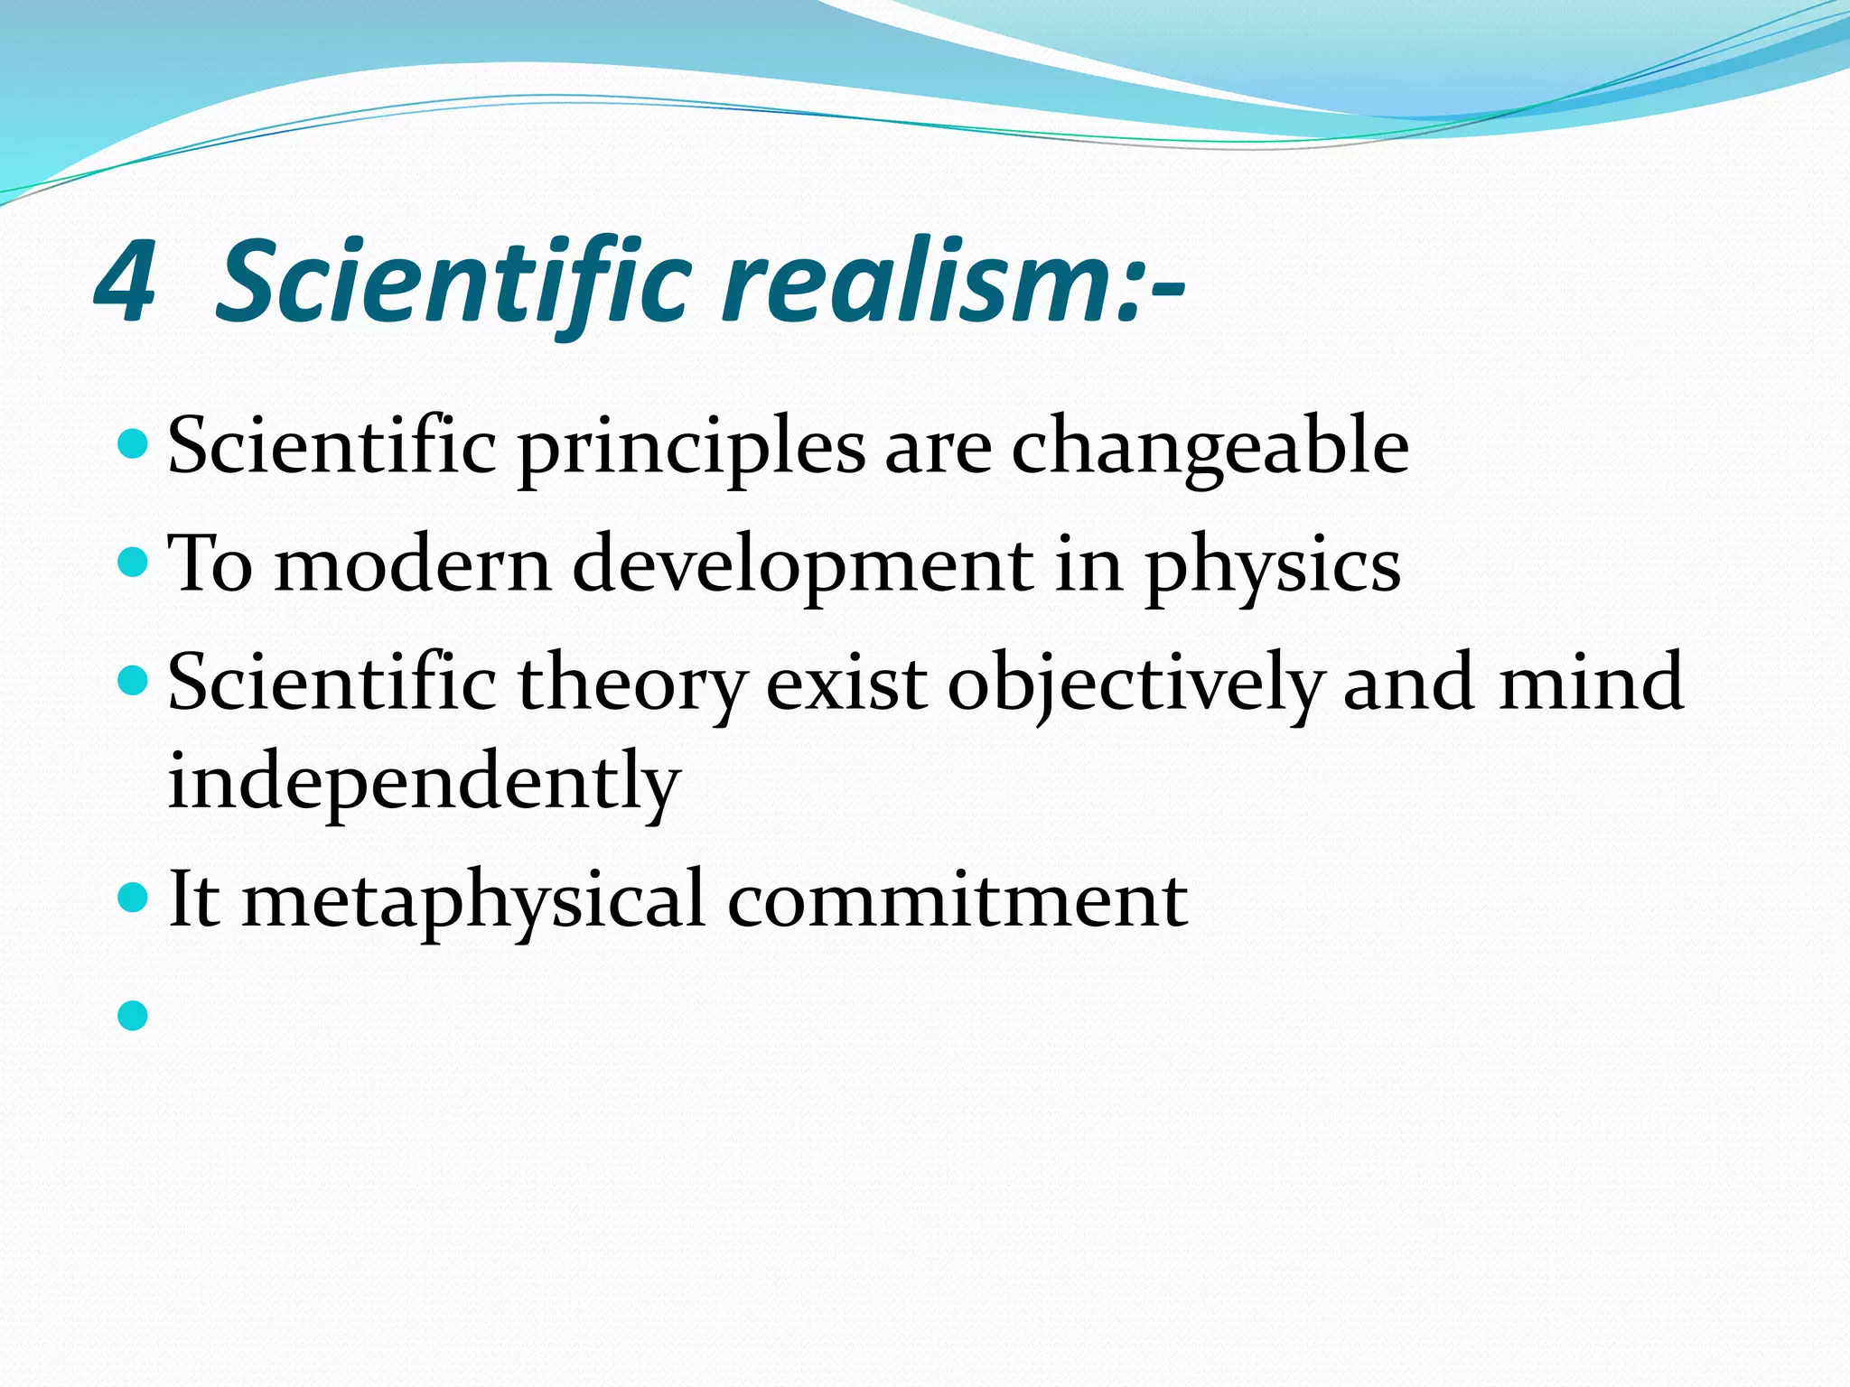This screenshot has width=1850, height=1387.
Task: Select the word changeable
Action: (x=1210, y=449)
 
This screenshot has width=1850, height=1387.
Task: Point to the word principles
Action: (x=691, y=449)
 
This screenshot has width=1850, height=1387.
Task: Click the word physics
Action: (x=1273, y=567)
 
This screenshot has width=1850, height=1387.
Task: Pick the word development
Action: (x=803, y=567)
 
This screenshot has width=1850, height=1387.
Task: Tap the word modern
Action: (x=412, y=567)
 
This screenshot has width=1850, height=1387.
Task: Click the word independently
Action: (x=424, y=782)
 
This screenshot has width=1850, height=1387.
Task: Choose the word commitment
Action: (x=958, y=901)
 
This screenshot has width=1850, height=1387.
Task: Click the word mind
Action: (x=1591, y=684)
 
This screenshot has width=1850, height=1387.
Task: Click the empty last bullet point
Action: (x=132, y=1016)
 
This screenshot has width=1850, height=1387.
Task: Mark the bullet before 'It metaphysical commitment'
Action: (x=132, y=898)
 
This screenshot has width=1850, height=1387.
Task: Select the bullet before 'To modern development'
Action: (x=132, y=563)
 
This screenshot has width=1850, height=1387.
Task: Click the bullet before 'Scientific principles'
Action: (x=132, y=444)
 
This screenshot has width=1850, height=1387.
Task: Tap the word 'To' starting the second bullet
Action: (x=210, y=565)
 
